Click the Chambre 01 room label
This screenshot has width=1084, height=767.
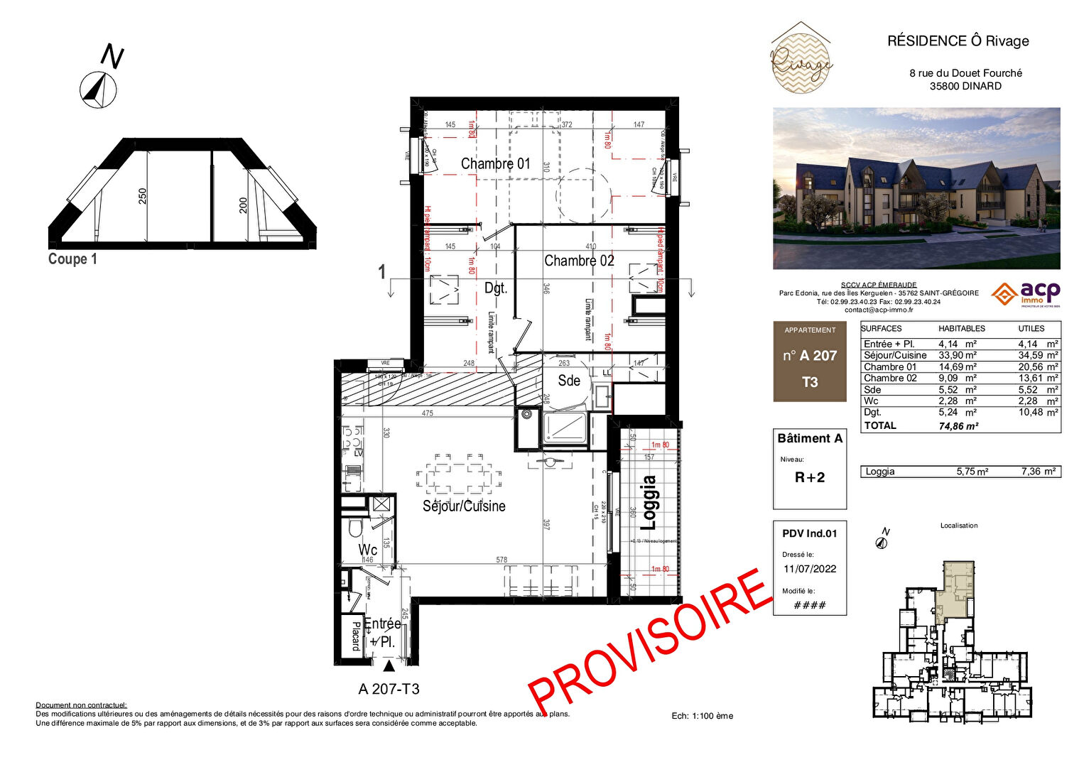tap(495, 164)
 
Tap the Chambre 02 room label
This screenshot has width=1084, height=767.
tap(579, 261)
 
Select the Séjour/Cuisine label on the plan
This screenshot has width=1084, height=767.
tap(464, 506)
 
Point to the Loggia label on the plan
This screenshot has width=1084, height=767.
tap(647, 503)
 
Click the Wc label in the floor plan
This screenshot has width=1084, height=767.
tap(368, 550)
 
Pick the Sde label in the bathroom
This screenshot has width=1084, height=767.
tap(569, 381)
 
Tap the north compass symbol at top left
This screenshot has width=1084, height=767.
tap(98, 89)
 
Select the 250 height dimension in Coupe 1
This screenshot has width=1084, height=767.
tap(143, 196)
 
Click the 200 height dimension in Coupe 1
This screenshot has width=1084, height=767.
tap(243, 205)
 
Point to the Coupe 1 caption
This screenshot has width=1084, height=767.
tap(72, 259)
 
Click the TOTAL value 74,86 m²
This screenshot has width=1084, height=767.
tap(958, 426)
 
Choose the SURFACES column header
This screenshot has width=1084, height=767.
tap(882, 329)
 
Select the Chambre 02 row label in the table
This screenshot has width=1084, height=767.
tap(890, 379)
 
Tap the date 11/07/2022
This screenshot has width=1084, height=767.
tap(810, 569)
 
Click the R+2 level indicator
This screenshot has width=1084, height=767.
tap(810, 478)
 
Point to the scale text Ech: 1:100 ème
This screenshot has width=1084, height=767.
tap(702, 716)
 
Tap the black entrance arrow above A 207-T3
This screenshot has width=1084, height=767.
tap(389, 666)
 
